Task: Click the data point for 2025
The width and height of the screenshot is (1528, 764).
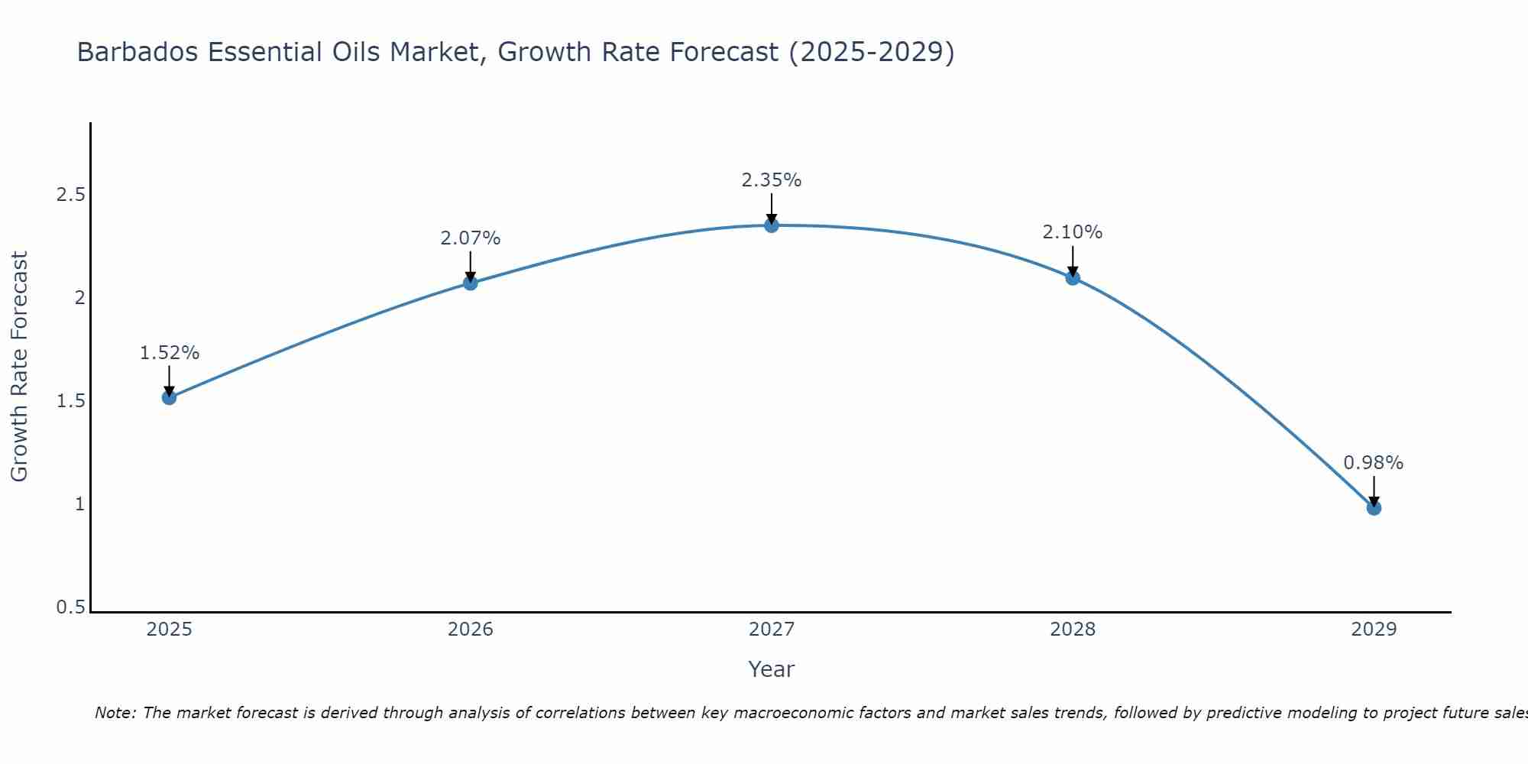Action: coord(170,397)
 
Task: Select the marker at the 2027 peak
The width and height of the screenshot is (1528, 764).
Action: coord(772,225)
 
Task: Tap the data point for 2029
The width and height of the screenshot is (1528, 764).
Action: coord(1374,508)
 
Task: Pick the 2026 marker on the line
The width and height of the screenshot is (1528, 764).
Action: coord(471,283)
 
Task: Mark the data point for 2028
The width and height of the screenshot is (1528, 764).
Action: coord(1073,277)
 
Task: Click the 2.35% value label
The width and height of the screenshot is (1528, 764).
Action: coord(772,180)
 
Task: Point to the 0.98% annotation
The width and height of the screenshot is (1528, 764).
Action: coord(1374,463)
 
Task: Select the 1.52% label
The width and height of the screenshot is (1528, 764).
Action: coord(170,353)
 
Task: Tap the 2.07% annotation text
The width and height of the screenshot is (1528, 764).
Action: coord(471,238)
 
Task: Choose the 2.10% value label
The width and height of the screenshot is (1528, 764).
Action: coord(1073,232)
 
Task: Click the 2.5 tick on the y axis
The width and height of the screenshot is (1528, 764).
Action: coord(70,195)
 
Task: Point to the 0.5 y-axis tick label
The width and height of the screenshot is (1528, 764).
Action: coord(70,607)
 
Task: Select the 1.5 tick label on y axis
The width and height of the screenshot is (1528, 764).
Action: coord(70,401)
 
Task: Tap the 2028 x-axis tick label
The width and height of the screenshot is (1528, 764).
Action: coord(1073,630)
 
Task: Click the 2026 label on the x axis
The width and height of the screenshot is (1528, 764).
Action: coord(471,630)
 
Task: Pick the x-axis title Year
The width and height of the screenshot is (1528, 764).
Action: coord(772,669)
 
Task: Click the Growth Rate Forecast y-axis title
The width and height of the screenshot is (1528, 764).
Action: coord(20,367)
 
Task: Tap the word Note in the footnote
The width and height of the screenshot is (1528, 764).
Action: coord(115,713)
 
